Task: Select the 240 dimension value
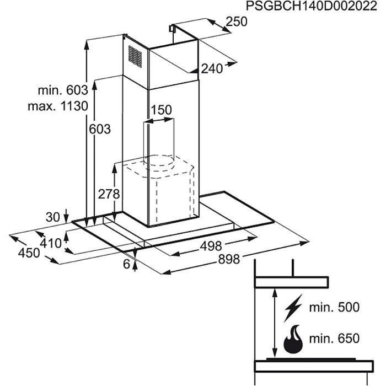(212, 69)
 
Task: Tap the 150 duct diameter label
(161, 110)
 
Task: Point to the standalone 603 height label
(100, 130)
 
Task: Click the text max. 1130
(58, 106)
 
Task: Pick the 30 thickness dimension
(52, 217)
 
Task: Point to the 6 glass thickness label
(127, 265)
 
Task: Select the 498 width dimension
(211, 245)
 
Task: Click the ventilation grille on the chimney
(135, 55)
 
